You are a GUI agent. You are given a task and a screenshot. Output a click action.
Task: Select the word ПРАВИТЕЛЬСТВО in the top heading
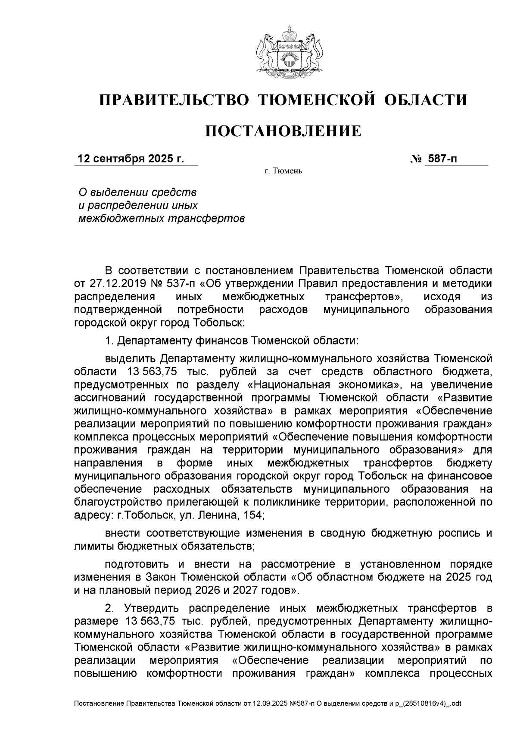click(x=174, y=100)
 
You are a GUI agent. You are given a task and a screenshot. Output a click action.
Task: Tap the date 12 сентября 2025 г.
click(x=131, y=159)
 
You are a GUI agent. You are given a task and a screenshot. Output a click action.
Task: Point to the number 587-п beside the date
click(x=441, y=159)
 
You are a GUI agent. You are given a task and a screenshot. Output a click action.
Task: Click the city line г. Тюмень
click(x=283, y=171)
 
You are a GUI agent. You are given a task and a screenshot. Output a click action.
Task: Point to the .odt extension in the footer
click(x=455, y=703)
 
